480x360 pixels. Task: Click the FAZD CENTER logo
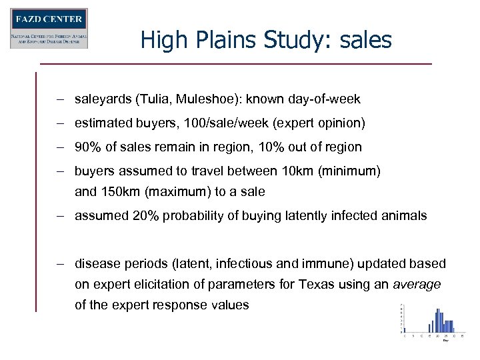coord(49,28)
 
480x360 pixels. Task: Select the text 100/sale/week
coord(205,123)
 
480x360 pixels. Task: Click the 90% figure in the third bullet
coord(87,147)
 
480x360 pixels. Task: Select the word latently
coord(317,216)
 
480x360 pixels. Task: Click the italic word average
coord(417,285)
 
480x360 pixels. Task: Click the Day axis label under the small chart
coord(445,341)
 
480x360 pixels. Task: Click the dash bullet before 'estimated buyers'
coord(60,123)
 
